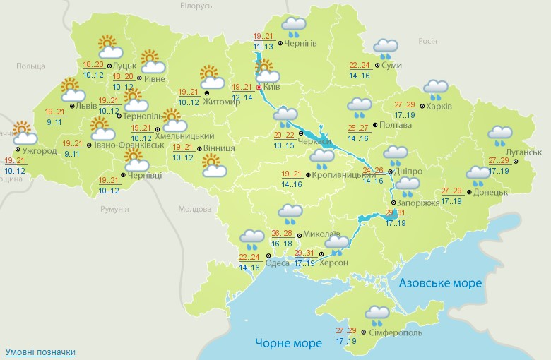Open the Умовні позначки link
coord(40,352)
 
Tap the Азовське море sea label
coord(440,283)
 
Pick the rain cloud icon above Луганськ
coord(500,135)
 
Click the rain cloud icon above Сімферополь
coord(379,315)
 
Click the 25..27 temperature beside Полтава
coord(360,128)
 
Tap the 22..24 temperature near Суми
coord(360,64)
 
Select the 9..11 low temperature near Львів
coord(54,121)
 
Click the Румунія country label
coord(114,210)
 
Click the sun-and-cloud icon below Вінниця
coord(213,167)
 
